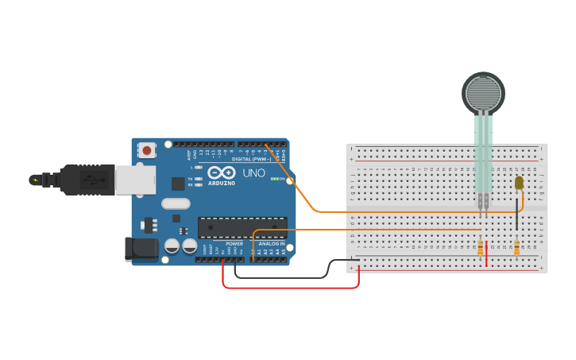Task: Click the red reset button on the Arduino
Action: (147, 149)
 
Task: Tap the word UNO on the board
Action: (253, 172)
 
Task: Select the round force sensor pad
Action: (483, 93)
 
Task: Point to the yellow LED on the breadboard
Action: (519, 183)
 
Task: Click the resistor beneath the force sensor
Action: (481, 247)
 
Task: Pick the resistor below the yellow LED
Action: (517, 249)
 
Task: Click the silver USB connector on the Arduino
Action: (135, 180)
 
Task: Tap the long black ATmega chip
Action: (242, 226)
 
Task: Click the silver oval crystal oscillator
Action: (176, 203)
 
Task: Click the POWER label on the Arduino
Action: (234, 244)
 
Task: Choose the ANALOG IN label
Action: (271, 244)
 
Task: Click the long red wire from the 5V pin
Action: (290, 287)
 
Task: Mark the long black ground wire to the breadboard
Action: (286, 277)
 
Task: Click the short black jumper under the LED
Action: (517, 215)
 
